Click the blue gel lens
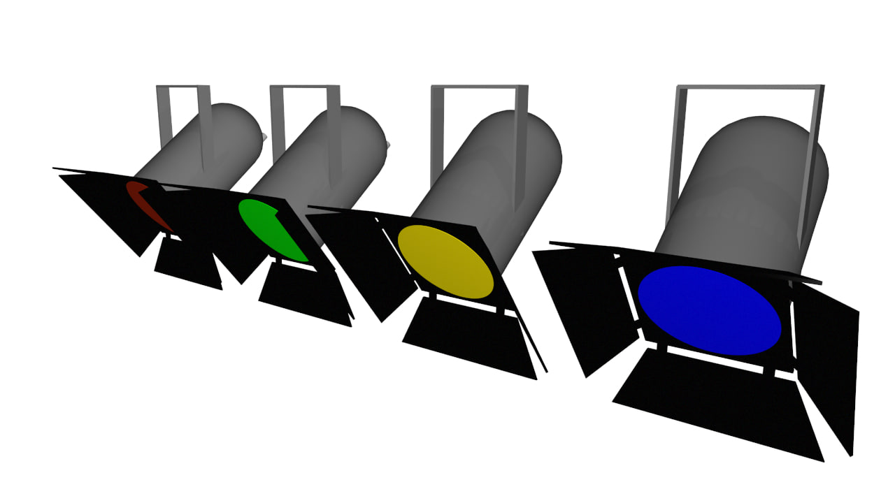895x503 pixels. (709, 310)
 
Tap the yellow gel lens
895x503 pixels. (445, 261)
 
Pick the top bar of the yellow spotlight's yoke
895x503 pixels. (479, 87)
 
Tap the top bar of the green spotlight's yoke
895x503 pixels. (305, 87)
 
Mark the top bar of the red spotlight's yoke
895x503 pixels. (182, 87)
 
